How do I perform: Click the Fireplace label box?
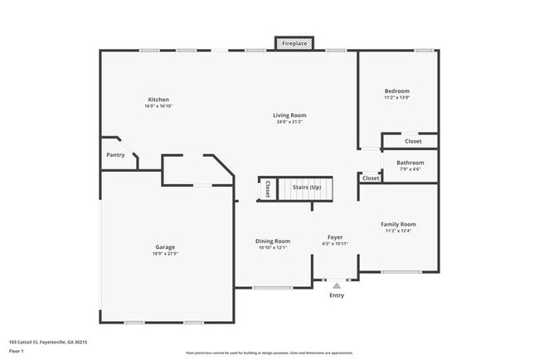coord(294,43)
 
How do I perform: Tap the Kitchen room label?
coord(158,100)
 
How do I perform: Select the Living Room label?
coord(290,115)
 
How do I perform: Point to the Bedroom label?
coord(396,91)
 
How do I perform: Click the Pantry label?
coord(115,155)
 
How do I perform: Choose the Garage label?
coord(165,246)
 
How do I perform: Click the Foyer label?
coord(335,236)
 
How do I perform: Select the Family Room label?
coord(398,224)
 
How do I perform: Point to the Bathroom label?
coord(410,163)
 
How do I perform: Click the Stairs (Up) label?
coord(306,188)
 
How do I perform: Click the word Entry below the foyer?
coord(337,295)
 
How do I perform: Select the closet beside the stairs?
coord(267,189)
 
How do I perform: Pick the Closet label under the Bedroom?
coord(413,141)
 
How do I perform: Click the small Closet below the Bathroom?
coord(371,178)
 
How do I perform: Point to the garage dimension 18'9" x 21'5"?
coord(165,253)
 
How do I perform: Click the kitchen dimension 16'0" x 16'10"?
coord(158,106)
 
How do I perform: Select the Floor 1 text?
coord(17,351)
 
